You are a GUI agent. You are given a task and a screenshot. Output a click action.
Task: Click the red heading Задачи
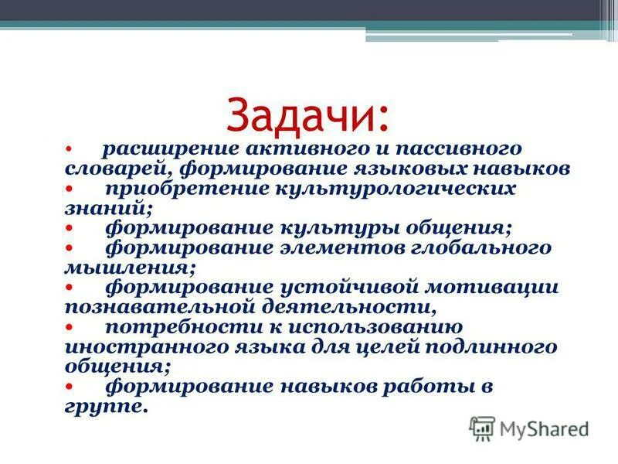[308, 114]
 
